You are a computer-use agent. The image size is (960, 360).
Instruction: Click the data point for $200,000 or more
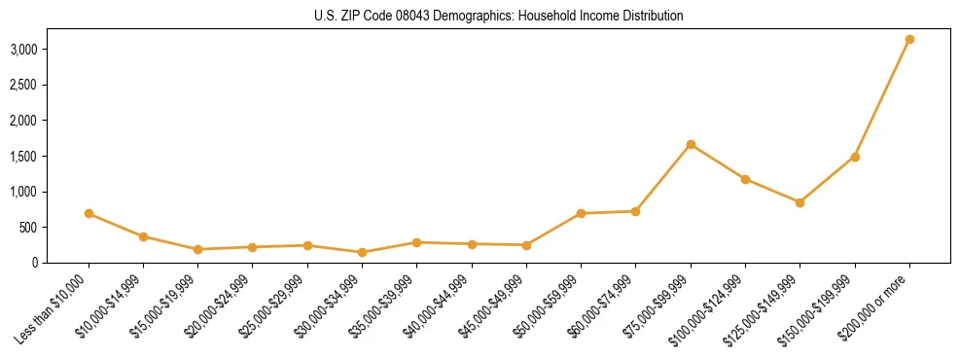[x=909, y=40]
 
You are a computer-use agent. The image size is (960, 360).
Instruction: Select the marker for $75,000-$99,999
[x=691, y=145]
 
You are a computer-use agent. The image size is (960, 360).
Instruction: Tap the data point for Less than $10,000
[x=89, y=213]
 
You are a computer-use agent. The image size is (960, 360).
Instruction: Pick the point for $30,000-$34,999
[x=362, y=253]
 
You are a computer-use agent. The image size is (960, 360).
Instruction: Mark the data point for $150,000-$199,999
[x=855, y=157]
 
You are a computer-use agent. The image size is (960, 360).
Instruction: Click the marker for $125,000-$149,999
[x=800, y=202]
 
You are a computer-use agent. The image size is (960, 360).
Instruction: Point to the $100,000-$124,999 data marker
[x=745, y=179]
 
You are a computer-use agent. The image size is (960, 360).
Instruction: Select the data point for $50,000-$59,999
[x=581, y=213]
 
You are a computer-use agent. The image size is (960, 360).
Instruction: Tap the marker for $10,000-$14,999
[x=143, y=236]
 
